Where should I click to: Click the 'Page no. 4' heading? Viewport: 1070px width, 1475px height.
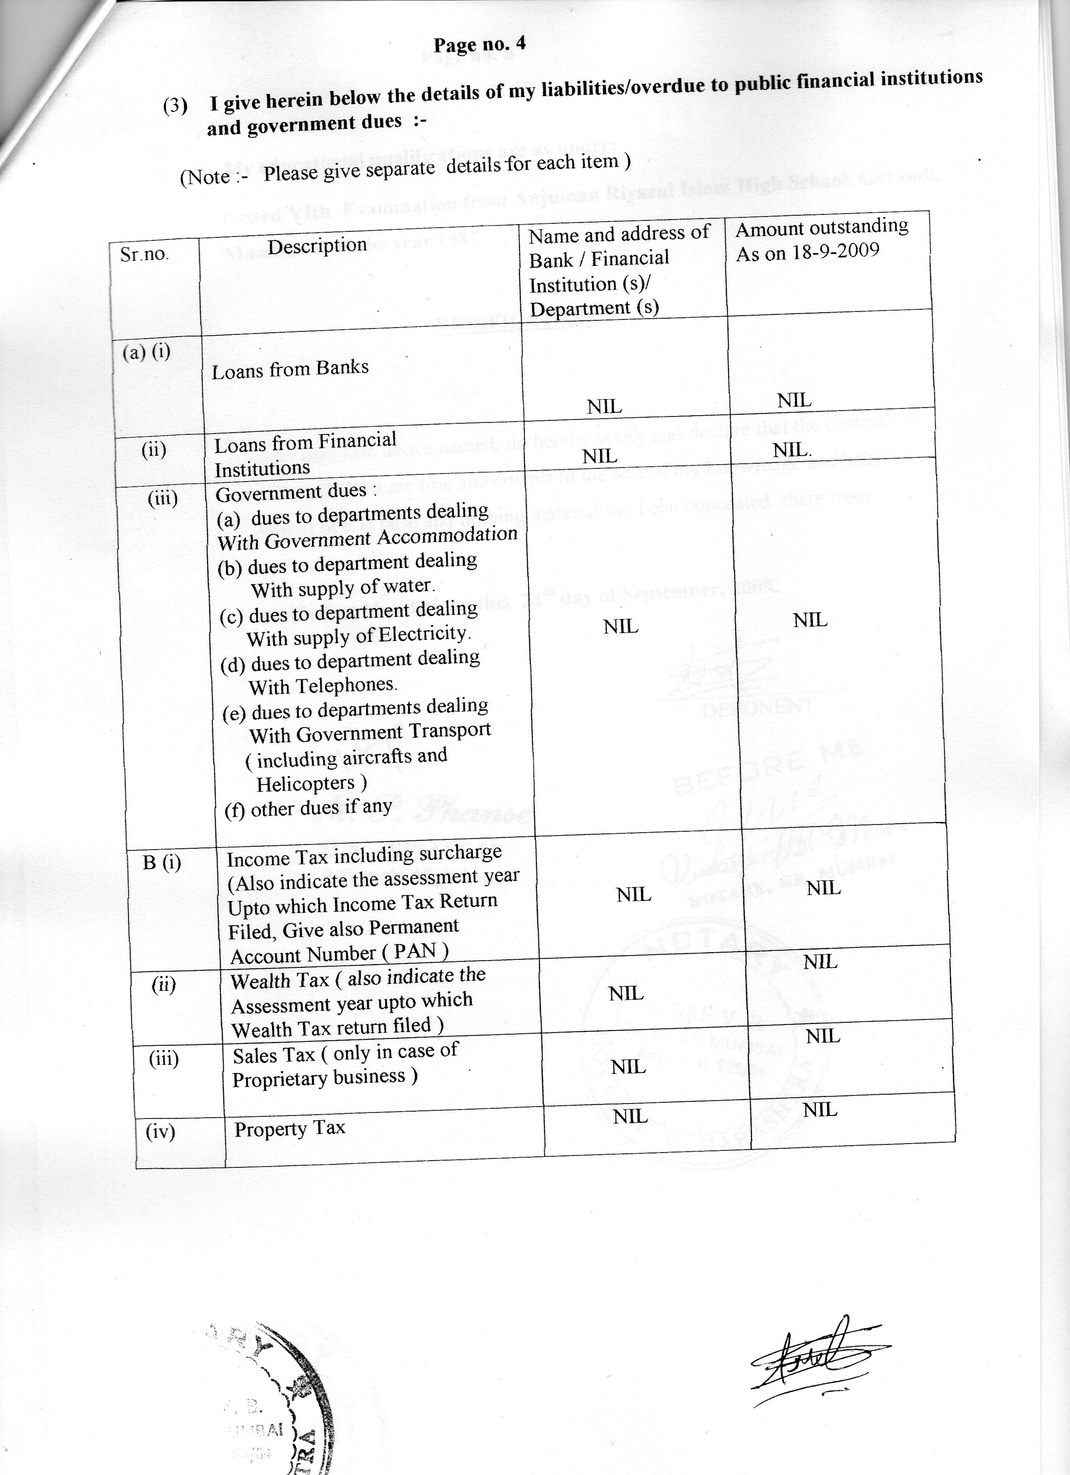tap(480, 44)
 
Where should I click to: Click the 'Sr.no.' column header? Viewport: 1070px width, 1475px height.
tap(144, 254)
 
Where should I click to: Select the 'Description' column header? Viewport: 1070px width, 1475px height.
tap(318, 246)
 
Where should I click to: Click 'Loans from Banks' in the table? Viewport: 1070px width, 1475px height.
tap(290, 369)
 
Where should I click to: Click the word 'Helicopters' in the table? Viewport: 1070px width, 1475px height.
tap(306, 784)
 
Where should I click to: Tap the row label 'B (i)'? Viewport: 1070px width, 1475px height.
tap(162, 863)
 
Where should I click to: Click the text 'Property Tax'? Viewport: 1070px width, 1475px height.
tap(289, 1128)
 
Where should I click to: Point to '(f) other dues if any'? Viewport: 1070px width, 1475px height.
tap(308, 808)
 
